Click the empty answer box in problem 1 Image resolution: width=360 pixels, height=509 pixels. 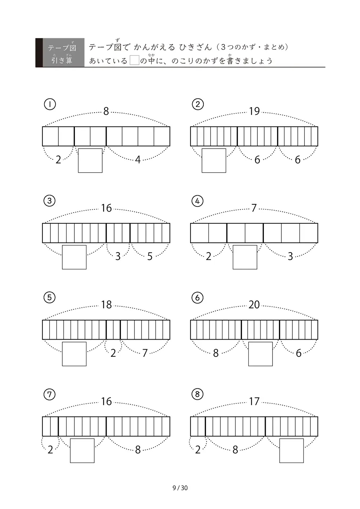90,160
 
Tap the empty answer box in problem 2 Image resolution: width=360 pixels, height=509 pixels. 214,160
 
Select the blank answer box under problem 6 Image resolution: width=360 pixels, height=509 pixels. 260,354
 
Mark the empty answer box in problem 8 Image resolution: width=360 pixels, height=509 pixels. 292,451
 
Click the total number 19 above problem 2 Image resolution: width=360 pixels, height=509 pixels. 254,111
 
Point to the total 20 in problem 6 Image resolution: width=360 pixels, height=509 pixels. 254,304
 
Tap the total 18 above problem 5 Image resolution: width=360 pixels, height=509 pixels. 107,304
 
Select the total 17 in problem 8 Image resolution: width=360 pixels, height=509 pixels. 254,401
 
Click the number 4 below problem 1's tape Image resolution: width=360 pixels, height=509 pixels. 138,160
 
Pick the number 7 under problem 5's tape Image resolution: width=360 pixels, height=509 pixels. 145,353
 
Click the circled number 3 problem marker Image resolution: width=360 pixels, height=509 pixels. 49,201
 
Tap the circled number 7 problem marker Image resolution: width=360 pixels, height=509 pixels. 49,394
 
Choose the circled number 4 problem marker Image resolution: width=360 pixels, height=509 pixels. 197,201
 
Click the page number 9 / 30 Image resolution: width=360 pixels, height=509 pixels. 180,488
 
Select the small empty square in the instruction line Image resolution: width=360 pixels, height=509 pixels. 134,60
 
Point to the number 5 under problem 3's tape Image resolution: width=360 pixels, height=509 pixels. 150,256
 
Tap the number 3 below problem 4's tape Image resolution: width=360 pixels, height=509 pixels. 291,256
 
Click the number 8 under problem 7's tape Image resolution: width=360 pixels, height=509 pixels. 138,450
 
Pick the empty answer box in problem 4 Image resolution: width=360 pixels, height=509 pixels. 245,257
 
